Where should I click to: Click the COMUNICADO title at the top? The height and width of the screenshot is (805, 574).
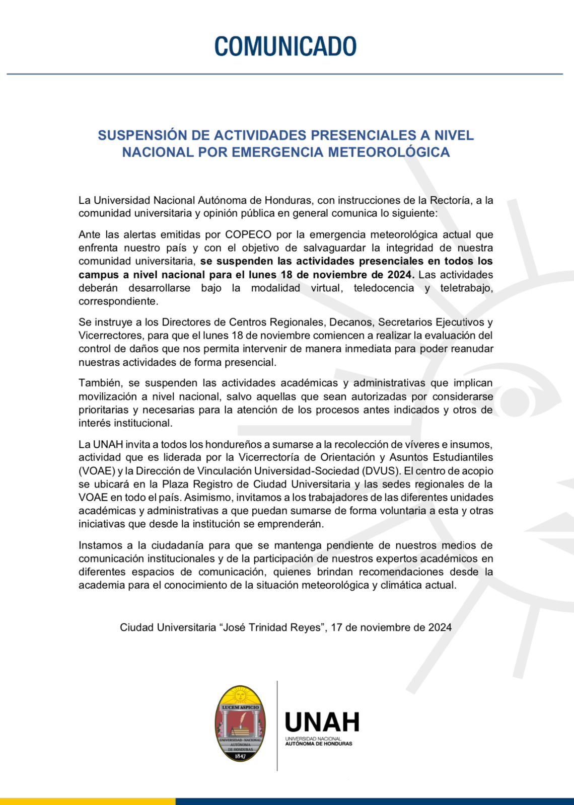coord(285,46)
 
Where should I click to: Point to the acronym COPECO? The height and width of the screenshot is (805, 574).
coord(248,234)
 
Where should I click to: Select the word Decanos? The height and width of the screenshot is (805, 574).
coord(354,322)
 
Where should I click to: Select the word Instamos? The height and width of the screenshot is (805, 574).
coord(100,545)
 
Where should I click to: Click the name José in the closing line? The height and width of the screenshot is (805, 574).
coord(236,627)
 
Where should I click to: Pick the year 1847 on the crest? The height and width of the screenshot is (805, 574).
coord(240,756)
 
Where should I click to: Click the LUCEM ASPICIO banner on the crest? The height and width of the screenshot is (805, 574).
coord(240,707)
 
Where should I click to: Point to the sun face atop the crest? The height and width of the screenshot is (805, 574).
coord(240,696)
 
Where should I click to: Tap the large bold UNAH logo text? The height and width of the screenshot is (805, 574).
coord(322,722)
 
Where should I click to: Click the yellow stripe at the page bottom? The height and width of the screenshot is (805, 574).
coord(88,801)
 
